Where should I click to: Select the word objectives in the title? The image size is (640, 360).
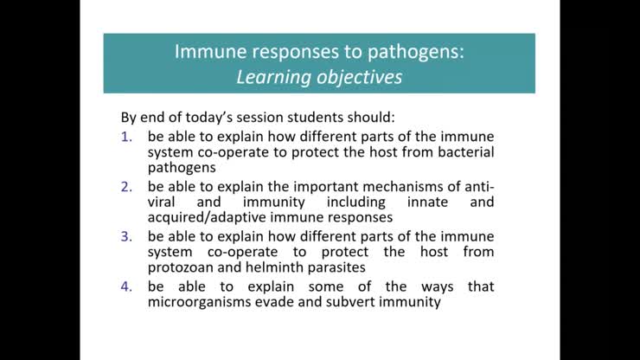pos(359,76)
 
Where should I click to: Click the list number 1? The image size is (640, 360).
pos(127,136)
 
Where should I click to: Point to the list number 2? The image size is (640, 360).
pos(127,185)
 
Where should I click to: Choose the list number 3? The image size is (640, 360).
pos(127,235)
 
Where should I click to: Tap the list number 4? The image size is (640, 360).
pos(127,286)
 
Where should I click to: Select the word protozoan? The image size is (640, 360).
pos(183,268)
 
